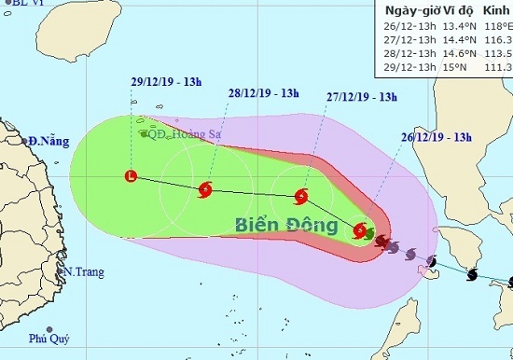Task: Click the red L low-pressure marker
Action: [x=131, y=174]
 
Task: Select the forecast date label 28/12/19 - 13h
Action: [x=263, y=92]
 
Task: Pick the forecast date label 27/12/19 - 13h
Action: [x=363, y=96]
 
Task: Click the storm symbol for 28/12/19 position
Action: [x=205, y=189]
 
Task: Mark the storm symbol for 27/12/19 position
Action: [x=300, y=196]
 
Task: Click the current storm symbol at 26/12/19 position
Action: [x=360, y=229]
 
